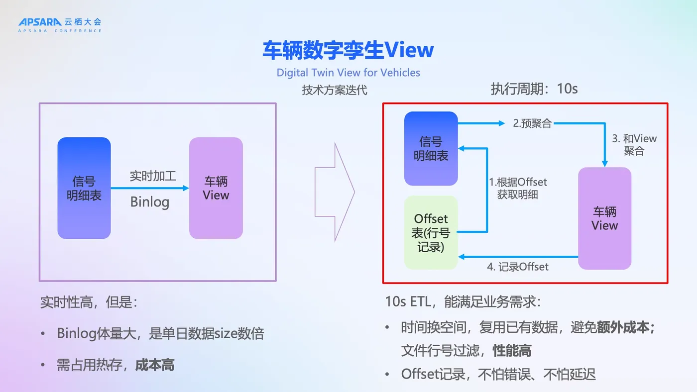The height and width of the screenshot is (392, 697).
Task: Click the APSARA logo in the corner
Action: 60,24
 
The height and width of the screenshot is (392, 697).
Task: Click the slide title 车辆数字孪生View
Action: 348,50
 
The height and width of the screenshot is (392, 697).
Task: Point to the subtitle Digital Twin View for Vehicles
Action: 348,73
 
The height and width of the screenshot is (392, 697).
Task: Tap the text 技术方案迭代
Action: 334,91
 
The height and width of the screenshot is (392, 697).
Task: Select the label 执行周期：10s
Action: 534,89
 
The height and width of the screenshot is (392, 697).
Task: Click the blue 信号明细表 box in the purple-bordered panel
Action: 84,188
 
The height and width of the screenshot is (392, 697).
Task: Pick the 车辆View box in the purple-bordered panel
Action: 216,188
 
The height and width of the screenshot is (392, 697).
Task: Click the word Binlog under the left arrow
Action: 149,202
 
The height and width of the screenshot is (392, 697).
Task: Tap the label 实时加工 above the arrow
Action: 153,176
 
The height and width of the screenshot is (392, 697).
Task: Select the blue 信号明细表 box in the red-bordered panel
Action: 431,149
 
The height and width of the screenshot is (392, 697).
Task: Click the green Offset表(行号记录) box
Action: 431,232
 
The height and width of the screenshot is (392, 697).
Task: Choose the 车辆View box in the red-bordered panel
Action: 604,218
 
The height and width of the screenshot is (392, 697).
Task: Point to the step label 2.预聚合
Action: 532,124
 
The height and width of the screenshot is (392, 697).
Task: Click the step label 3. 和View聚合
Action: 634,145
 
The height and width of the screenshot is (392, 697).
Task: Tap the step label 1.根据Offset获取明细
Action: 518,188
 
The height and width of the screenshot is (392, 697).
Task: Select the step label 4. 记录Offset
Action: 517,267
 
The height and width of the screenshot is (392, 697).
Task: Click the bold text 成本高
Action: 155,366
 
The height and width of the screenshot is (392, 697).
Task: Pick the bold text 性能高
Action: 512,351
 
